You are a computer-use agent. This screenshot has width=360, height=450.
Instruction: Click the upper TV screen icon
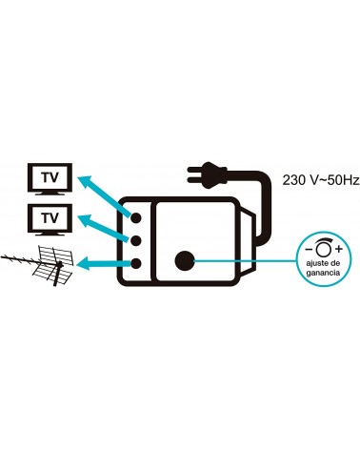point(50,178)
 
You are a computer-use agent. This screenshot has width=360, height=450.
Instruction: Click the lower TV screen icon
point(50,219)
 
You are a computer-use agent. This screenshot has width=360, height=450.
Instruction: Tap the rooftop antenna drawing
point(38,265)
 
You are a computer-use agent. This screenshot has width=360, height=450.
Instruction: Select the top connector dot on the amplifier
point(136,217)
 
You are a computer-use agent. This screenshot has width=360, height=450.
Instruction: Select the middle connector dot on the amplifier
point(136,240)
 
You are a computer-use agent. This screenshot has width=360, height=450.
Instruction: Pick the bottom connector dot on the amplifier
point(136,263)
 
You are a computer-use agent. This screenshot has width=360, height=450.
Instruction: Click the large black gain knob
point(185,260)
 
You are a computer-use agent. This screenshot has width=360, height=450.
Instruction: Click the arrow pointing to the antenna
point(104,263)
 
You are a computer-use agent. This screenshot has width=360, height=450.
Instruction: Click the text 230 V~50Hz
point(321,180)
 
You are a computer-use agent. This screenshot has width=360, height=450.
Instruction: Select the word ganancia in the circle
point(324,273)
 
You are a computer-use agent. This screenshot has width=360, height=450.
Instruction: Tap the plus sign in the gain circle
point(339,249)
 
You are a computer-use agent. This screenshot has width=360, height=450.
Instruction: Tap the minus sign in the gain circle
point(309,249)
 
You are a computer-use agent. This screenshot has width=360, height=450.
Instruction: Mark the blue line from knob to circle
point(245,260)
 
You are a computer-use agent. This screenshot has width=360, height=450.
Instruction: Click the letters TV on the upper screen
point(50,177)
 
